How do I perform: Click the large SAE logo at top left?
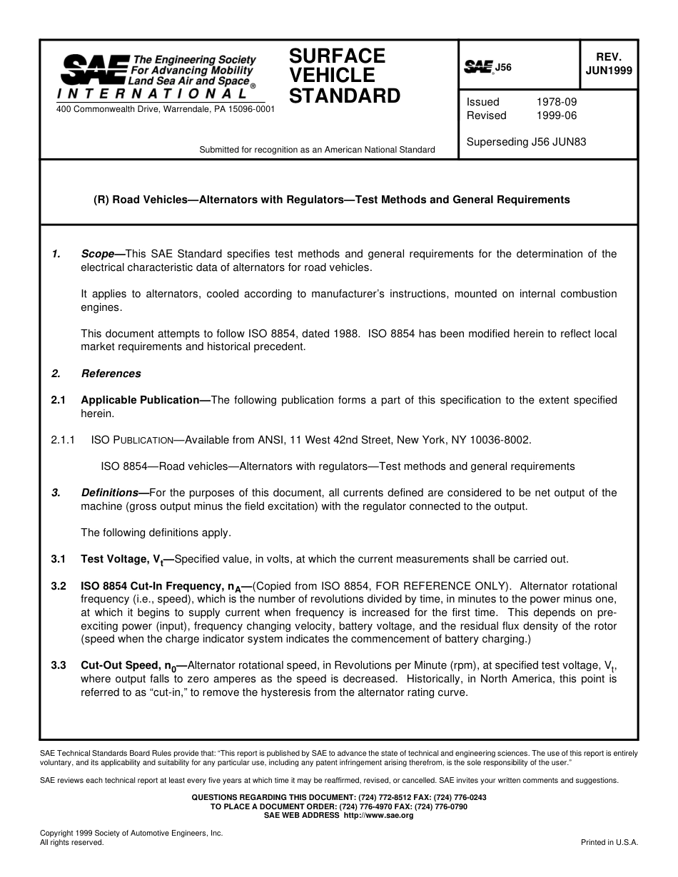(x=94, y=70)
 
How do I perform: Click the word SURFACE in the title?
(x=337, y=56)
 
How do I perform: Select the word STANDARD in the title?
(x=345, y=96)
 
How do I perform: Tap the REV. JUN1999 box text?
(x=608, y=64)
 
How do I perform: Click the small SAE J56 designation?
(x=488, y=68)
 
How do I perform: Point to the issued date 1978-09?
(x=556, y=102)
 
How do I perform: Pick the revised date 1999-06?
(x=556, y=116)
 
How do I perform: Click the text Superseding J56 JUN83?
(x=526, y=142)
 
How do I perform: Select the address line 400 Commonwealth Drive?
(x=165, y=109)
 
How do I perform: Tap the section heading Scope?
(x=98, y=254)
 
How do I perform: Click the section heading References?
(x=111, y=374)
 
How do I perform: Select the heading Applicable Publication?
(x=140, y=400)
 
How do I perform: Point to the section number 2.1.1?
(x=63, y=440)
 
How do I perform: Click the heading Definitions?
(x=109, y=493)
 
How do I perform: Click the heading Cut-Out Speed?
(x=128, y=665)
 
